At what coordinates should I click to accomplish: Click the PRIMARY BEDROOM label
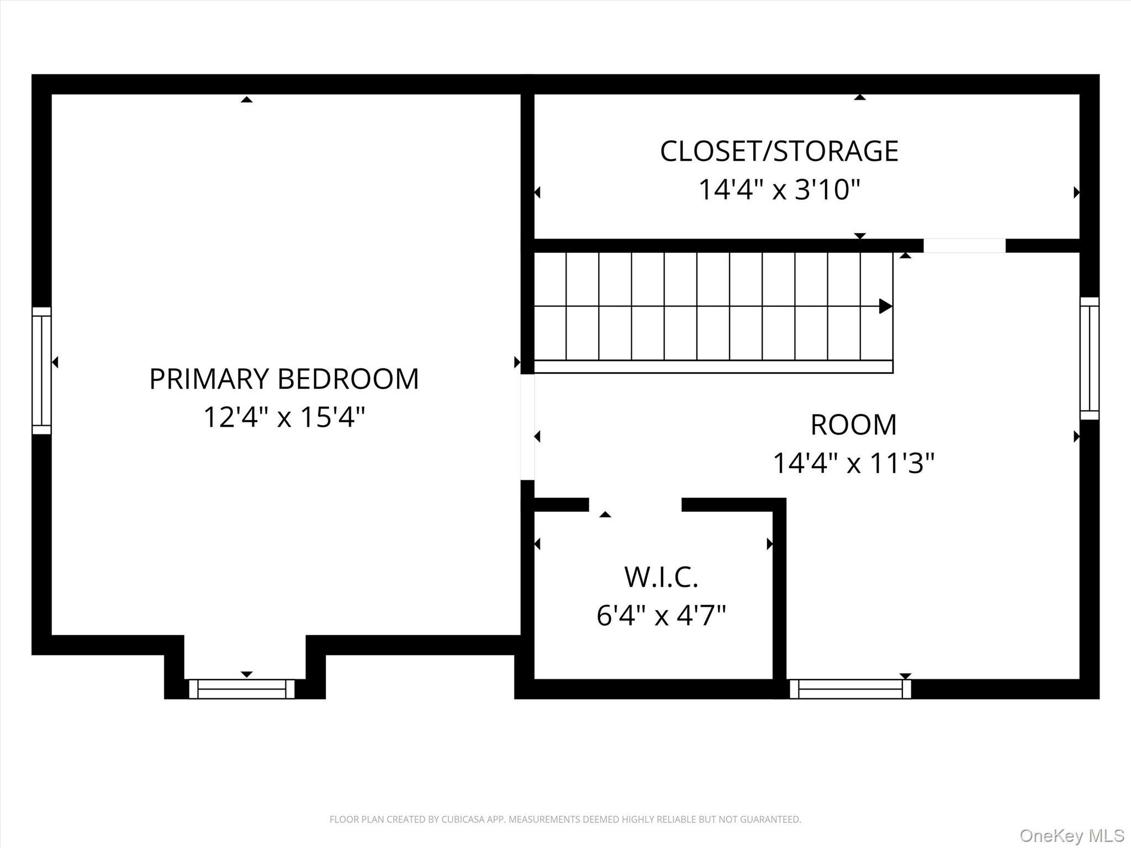point(284,379)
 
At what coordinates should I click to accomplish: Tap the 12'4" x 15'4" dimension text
point(284,417)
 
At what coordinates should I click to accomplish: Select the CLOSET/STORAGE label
point(779,151)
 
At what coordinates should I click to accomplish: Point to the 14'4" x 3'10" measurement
point(779,190)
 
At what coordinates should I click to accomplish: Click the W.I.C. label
point(661,577)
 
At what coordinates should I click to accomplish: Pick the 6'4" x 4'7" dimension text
point(661,615)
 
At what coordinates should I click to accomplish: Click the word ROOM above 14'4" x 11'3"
point(853,425)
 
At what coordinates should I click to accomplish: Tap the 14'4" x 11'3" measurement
point(853,463)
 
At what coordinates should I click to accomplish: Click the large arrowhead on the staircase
point(885,306)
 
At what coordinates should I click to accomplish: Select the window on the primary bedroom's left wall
point(41,370)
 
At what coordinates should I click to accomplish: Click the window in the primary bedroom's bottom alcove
point(241,689)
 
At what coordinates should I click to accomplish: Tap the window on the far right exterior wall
point(1089,358)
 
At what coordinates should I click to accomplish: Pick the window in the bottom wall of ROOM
point(850,689)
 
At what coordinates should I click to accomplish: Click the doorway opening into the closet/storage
point(964,246)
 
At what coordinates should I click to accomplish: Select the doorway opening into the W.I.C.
point(635,505)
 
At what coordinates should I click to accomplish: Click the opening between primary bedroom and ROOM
point(527,427)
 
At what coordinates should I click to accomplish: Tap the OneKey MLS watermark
point(1071,835)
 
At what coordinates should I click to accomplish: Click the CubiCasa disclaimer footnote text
point(565,819)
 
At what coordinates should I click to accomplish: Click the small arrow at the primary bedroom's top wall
point(247,99)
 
